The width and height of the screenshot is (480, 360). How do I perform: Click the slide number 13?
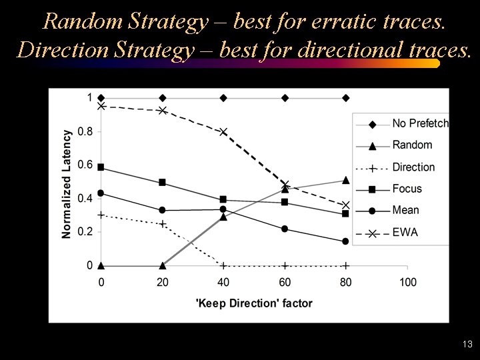coord(467,345)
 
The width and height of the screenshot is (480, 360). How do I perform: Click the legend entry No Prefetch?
coord(420,123)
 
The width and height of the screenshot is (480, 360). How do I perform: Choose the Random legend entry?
coord(412,145)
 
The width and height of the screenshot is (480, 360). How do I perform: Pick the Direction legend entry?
coord(413,167)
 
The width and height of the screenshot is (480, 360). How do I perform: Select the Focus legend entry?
coord(407,189)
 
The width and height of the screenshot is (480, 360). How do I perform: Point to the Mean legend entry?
coord(406,210)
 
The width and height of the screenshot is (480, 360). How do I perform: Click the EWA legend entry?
coord(405,232)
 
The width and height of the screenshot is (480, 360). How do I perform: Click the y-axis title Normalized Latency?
coord(67,174)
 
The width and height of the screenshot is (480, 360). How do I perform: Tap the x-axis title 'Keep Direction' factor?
coord(254,303)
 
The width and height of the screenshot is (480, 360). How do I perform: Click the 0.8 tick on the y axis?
coord(85,131)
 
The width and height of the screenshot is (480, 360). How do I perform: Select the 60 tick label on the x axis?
coord(285,282)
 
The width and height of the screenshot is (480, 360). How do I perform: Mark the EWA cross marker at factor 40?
coord(223,131)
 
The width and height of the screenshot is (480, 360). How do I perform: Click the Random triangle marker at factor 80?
coord(346,180)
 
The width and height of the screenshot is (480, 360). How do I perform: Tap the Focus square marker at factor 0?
coord(101,167)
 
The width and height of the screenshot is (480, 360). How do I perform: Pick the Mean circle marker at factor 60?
coord(285,229)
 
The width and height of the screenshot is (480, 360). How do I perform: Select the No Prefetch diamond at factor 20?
coord(162,98)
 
